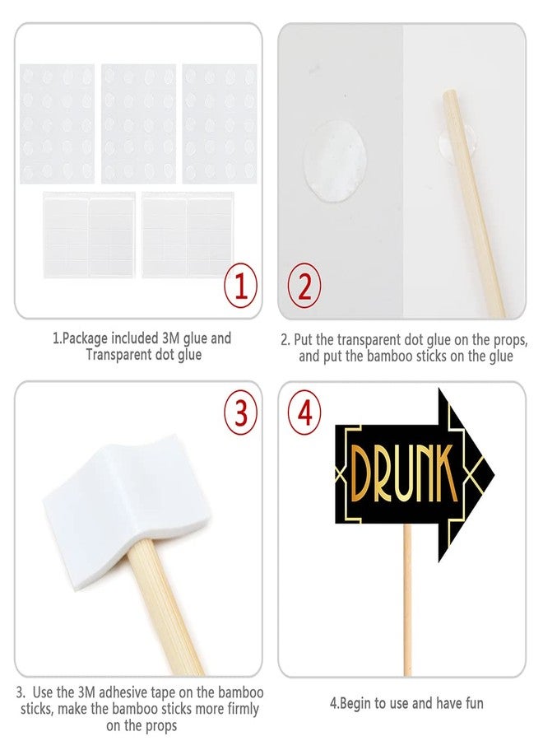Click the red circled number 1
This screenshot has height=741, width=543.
coord(241,287)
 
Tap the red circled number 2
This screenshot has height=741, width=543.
coord(305,287)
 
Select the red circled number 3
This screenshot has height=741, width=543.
coord(241,413)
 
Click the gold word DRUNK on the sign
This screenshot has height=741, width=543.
coord(405,474)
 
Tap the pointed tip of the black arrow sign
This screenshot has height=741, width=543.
coord(494,473)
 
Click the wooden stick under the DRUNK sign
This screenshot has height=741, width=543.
coord(407,600)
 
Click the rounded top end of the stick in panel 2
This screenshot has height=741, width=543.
coord(448,94)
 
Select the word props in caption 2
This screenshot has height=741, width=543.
coord(510,340)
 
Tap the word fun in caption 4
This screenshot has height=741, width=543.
coord(472,703)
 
